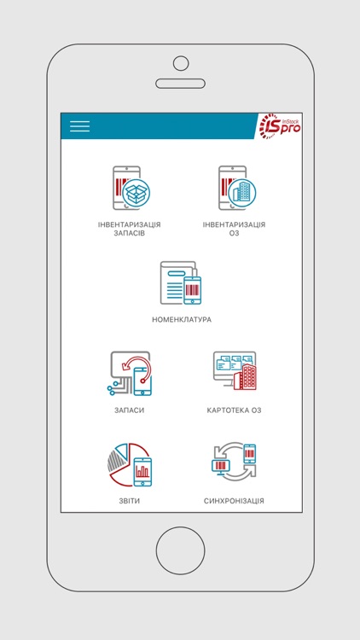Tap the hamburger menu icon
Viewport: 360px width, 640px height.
[79, 126]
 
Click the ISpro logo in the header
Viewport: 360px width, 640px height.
[280, 126]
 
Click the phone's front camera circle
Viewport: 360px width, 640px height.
[180, 62]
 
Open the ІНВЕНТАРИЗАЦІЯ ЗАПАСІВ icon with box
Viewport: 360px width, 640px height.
[130, 188]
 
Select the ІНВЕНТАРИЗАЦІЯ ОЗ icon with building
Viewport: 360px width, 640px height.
[233, 188]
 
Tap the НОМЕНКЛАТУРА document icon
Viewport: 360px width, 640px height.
[181, 283]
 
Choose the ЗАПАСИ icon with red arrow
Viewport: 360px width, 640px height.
[130, 374]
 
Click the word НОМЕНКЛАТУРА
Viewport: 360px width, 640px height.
[181, 320]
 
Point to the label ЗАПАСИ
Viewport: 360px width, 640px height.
[130, 410]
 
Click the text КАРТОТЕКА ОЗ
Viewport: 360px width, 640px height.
[234, 410]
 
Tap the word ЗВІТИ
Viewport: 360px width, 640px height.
[130, 501]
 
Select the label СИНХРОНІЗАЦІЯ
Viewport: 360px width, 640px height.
[234, 501]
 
